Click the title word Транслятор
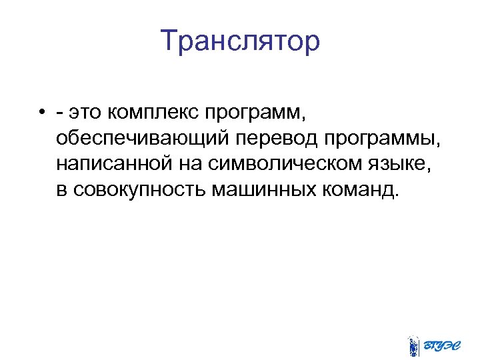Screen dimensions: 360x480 pos(240,41)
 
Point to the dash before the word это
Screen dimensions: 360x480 pos(61,114)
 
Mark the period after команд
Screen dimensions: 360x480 pos(398,196)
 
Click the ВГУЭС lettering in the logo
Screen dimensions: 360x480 pos(443,344)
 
